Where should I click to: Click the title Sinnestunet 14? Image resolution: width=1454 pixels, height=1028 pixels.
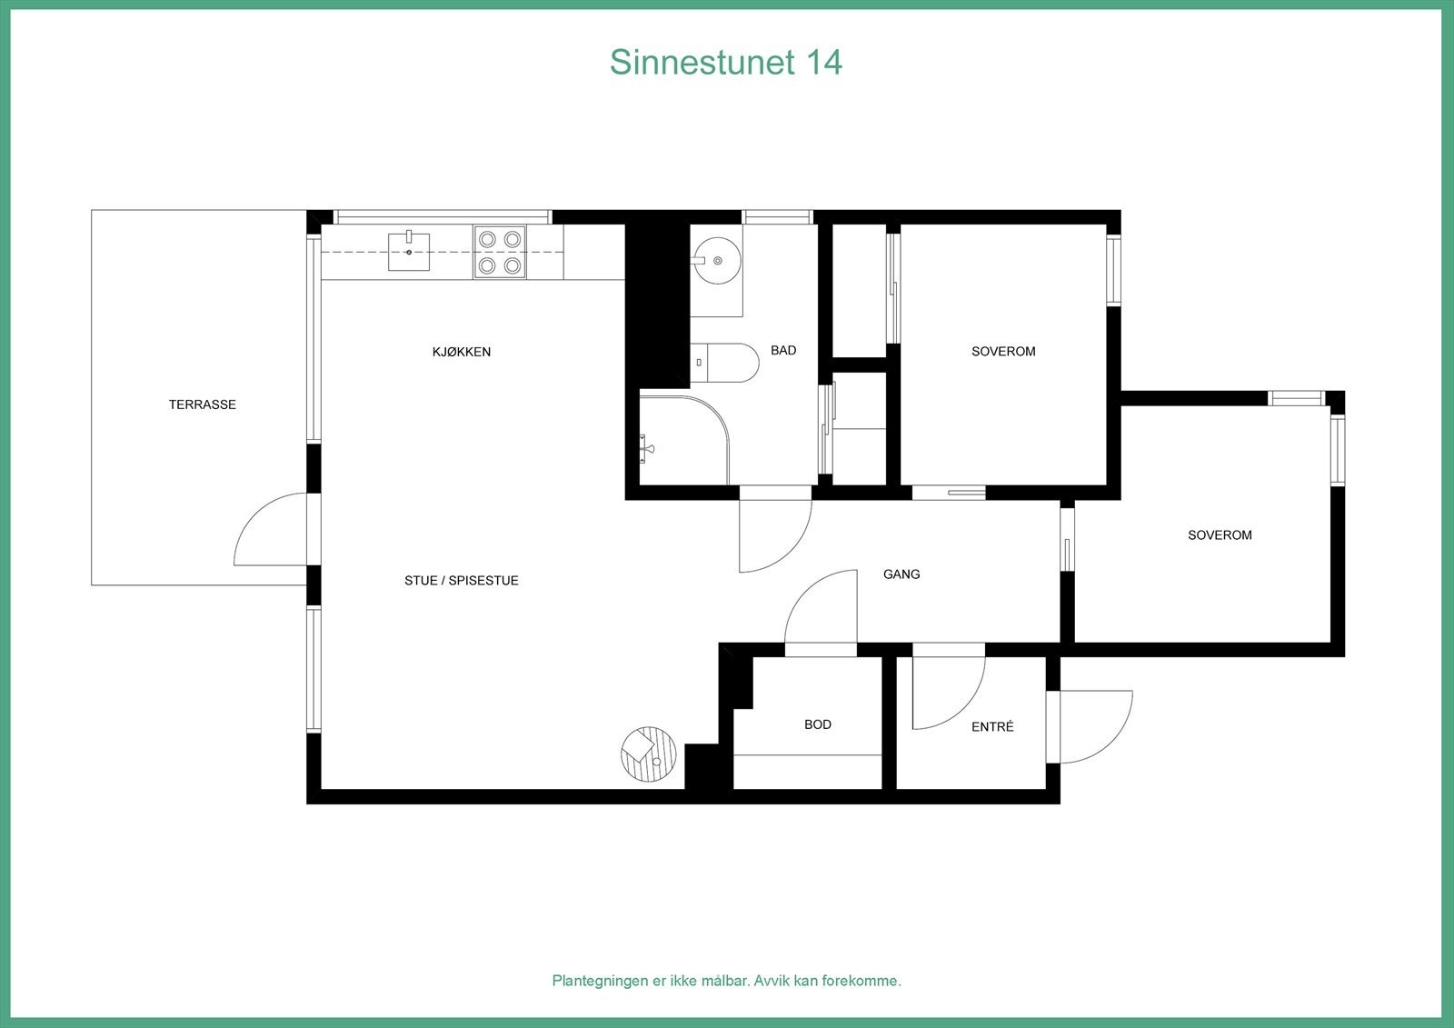(725, 63)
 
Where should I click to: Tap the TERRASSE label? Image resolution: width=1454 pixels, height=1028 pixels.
(202, 404)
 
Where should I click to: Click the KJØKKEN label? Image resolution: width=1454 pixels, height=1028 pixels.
(462, 352)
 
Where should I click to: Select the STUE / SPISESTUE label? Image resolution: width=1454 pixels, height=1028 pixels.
(462, 581)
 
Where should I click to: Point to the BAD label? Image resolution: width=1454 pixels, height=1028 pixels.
(783, 350)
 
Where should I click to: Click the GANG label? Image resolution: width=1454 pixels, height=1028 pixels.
(901, 574)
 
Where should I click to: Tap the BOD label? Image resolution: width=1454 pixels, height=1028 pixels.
(817, 724)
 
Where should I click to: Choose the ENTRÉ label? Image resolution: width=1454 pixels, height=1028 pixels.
(992, 727)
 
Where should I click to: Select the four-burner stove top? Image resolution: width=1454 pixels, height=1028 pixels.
(500, 252)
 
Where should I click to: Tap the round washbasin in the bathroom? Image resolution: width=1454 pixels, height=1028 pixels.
(716, 260)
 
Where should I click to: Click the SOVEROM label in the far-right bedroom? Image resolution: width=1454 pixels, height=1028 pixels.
(1220, 535)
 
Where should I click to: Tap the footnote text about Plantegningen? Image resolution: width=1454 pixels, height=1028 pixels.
(726, 981)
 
